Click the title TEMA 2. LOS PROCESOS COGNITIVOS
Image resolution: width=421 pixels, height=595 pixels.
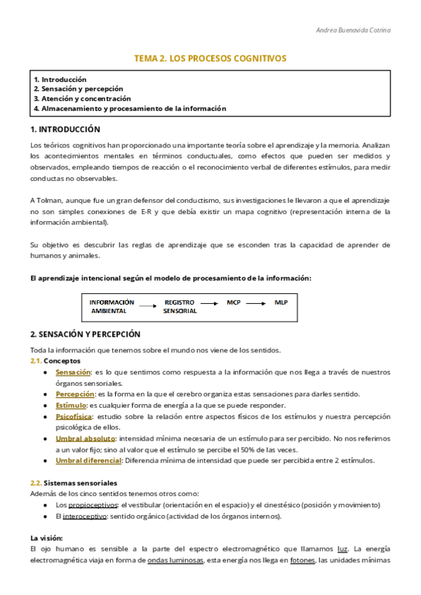point(210,58)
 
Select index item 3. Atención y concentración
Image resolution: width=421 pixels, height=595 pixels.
point(82,99)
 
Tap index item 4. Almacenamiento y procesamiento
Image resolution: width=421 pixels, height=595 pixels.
point(130,109)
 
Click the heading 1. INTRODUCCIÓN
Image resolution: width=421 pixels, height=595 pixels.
point(65,130)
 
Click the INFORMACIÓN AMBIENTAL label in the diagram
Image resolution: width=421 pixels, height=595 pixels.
point(112,306)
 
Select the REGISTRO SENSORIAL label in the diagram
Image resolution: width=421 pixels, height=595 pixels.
point(180,306)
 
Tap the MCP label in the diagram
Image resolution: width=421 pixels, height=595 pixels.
point(234,302)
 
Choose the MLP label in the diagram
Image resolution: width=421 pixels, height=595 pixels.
point(281,302)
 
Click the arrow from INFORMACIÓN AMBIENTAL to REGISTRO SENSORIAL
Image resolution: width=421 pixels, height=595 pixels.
point(145,306)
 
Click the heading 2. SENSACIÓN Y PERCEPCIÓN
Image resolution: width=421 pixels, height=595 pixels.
point(85,335)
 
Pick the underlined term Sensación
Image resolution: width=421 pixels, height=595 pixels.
point(73,372)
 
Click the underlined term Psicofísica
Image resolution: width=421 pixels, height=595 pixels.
point(74,417)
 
